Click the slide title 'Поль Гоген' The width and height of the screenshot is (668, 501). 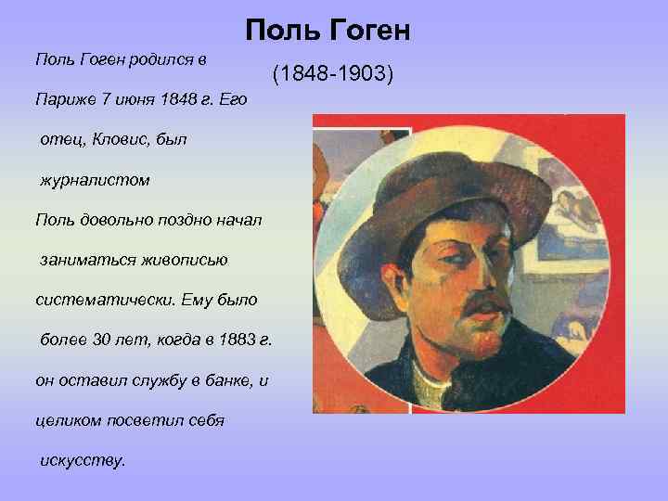(328, 32)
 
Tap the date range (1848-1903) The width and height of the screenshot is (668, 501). (333, 73)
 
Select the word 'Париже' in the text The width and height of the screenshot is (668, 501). (59, 99)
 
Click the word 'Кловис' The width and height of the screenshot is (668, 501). (116, 139)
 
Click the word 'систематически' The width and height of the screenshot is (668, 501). (100, 301)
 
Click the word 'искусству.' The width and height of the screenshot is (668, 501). (82, 460)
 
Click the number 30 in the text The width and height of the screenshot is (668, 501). (92, 340)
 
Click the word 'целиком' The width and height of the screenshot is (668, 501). (66, 420)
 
